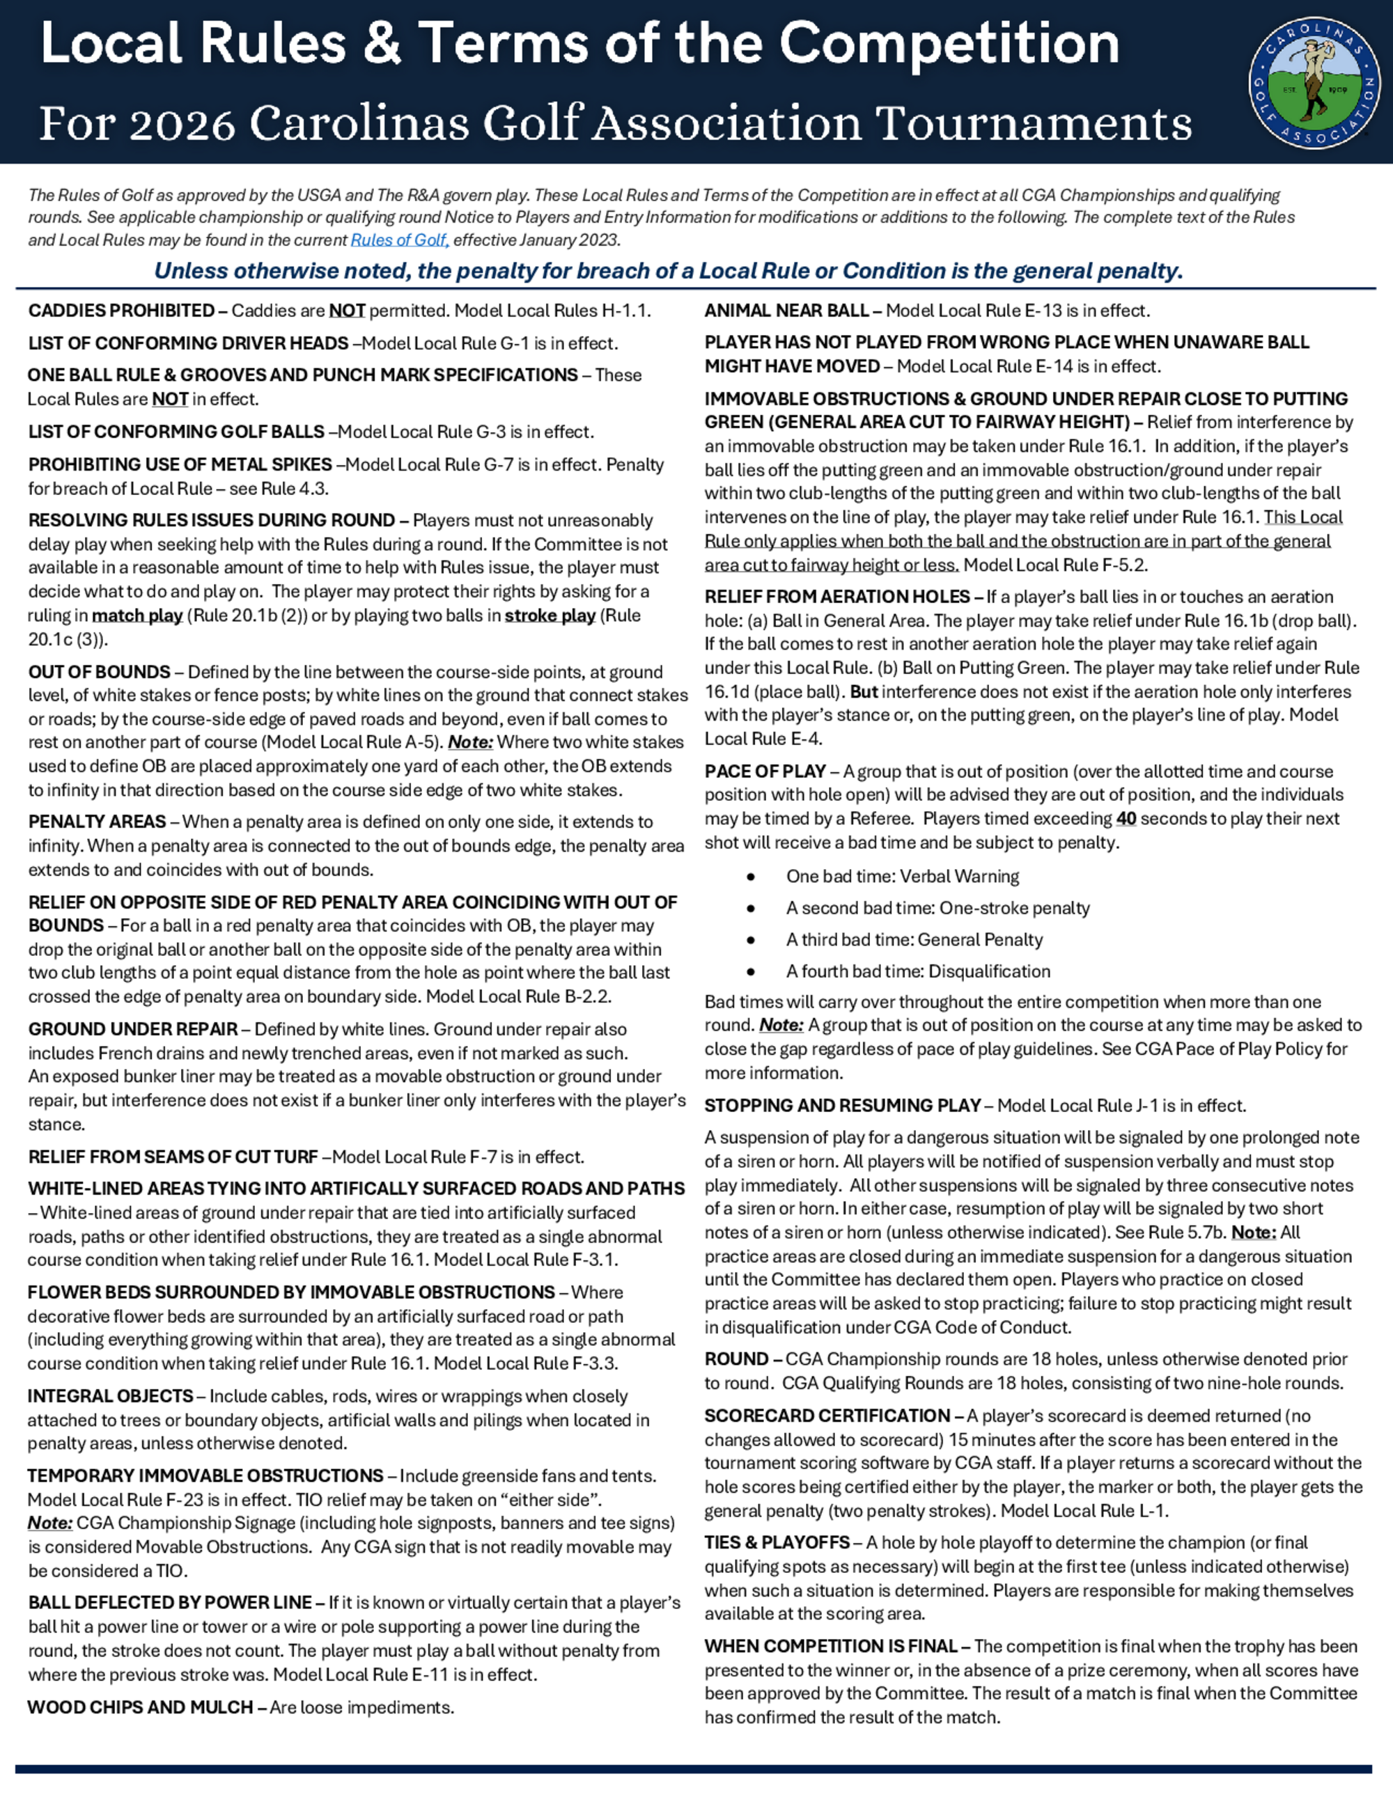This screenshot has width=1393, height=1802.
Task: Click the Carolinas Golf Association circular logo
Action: coord(1314,82)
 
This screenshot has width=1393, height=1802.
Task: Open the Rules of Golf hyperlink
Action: coord(399,240)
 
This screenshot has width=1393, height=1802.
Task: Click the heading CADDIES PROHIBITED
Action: coord(121,311)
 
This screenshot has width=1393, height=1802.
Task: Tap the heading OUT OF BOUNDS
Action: coord(99,672)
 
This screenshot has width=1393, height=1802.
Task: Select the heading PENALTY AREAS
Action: coord(98,822)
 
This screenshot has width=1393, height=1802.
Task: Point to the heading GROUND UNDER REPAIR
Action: coord(133,1029)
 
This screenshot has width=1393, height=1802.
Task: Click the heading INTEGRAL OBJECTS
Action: coord(111,1396)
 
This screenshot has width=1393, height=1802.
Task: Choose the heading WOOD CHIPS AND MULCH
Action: coord(140,1707)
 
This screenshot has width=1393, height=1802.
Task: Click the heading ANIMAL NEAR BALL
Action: coord(786,311)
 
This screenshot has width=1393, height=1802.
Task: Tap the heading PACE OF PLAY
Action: coord(765,771)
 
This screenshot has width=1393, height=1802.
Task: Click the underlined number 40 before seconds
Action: coord(1126,819)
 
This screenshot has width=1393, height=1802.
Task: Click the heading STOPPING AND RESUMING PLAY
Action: coord(843,1106)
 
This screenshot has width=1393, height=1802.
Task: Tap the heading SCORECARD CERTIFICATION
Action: coord(827,1416)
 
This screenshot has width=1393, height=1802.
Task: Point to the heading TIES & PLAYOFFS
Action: coord(777,1543)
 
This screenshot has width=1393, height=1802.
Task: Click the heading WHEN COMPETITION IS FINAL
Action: coord(830,1646)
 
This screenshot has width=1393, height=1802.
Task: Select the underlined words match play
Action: coord(137,616)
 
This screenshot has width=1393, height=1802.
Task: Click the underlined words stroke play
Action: coord(550,616)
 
